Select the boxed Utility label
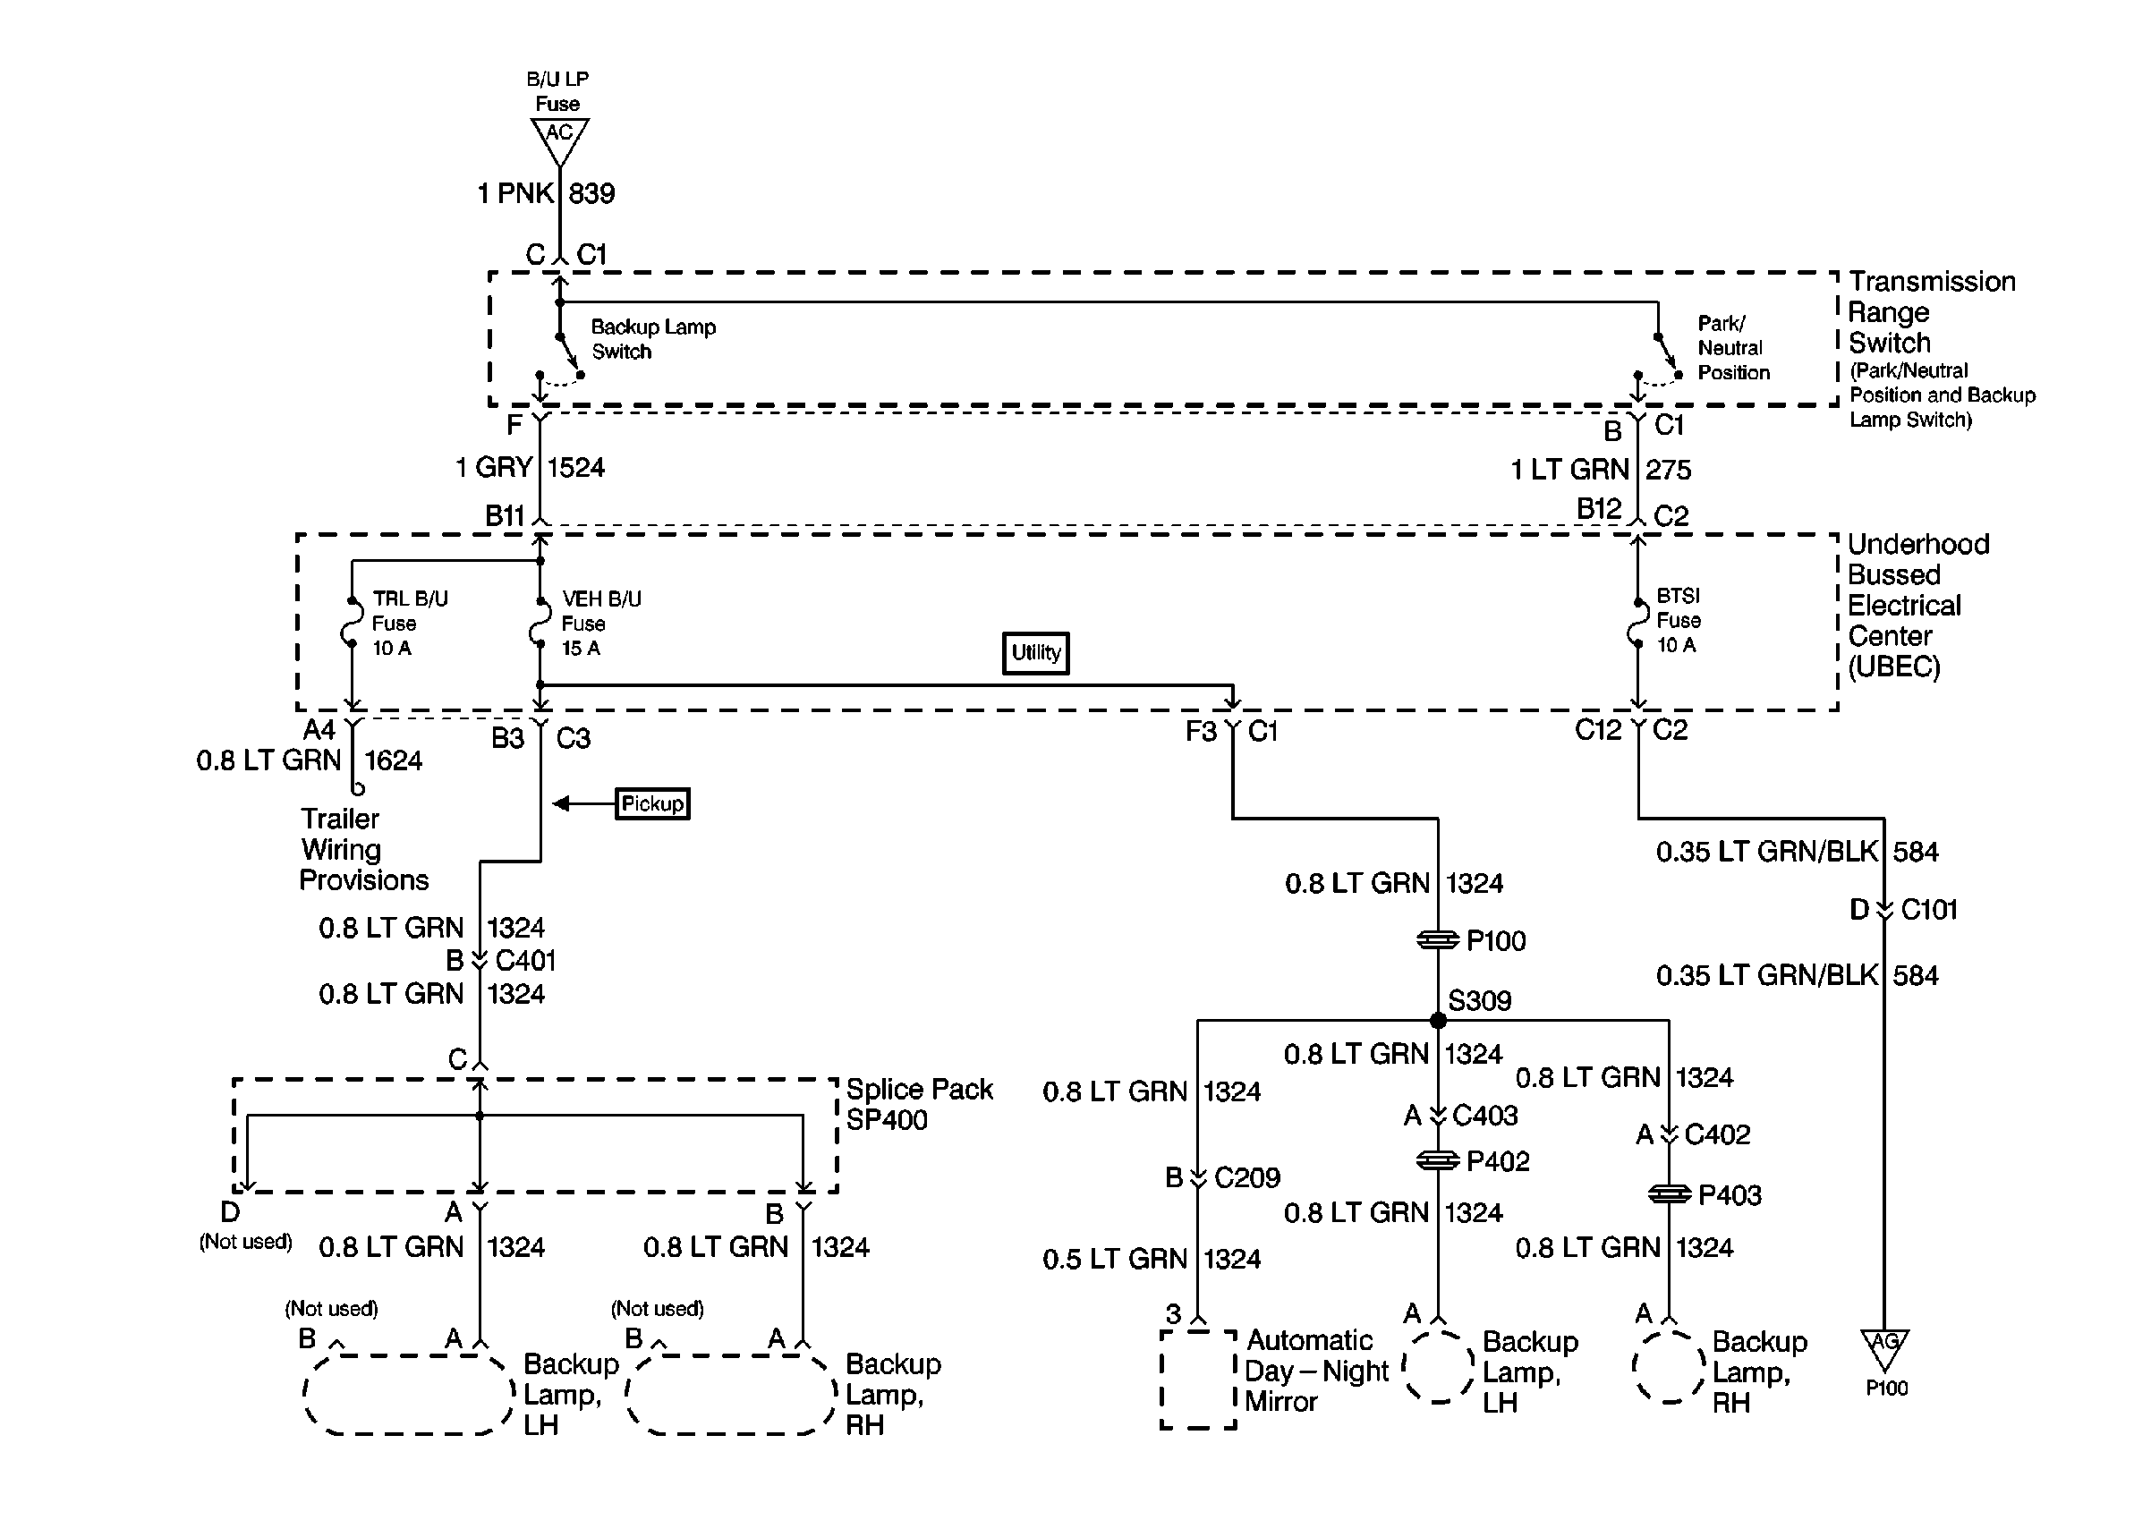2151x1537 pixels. click(x=1035, y=653)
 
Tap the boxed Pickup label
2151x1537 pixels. click(x=652, y=803)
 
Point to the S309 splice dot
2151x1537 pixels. click(x=1438, y=1020)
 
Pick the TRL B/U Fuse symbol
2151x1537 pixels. click(x=351, y=623)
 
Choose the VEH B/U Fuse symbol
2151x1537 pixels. click(x=540, y=623)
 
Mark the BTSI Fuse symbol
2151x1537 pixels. click(x=1637, y=621)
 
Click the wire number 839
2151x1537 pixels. click(x=591, y=194)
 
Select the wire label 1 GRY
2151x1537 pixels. click(x=494, y=468)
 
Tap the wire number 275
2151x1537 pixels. click(x=1668, y=470)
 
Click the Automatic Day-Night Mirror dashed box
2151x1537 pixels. click(x=1198, y=1379)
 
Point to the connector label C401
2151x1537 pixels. click(x=525, y=961)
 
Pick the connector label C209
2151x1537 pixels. click(x=1246, y=1177)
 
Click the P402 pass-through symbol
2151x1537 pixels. click(x=1438, y=1160)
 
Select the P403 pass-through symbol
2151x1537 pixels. click(x=1669, y=1194)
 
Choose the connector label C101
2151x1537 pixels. click(x=1928, y=910)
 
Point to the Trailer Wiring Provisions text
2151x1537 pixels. click(x=363, y=849)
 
